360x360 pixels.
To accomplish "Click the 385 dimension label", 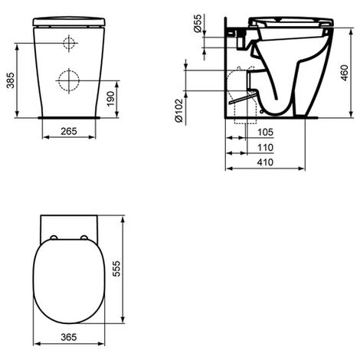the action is point(11,80).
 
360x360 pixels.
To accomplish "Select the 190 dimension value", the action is point(110,99).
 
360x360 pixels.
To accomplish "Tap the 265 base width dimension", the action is point(69,131).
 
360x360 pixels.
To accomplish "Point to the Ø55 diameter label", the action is point(198,23).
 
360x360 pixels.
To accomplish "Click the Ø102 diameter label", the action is point(179,110).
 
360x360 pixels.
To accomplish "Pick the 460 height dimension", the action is point(345,73).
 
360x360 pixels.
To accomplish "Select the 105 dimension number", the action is point(265,133).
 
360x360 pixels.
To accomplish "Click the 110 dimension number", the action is point(265,147).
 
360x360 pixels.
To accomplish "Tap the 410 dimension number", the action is point(265,162).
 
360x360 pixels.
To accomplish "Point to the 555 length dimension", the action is point(116,269).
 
